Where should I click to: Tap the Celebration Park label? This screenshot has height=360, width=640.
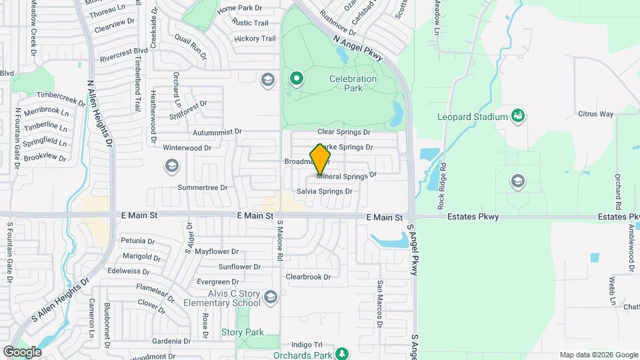coord(353,83)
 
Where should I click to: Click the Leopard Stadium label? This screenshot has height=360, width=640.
coord(473,117)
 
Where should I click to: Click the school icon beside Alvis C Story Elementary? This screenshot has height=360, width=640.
coord(271,297)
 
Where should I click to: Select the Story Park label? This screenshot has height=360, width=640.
coord(242,332)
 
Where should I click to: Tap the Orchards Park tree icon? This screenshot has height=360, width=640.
coord(342,353)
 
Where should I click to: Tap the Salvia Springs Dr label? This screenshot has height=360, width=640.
coord(325,191)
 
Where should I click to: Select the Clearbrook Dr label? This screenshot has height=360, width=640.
coord(308,277)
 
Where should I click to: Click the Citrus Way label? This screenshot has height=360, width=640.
coord(595,114)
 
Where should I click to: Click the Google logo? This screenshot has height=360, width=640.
coord(22,352)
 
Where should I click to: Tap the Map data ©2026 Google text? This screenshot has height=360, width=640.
coord(598,355)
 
